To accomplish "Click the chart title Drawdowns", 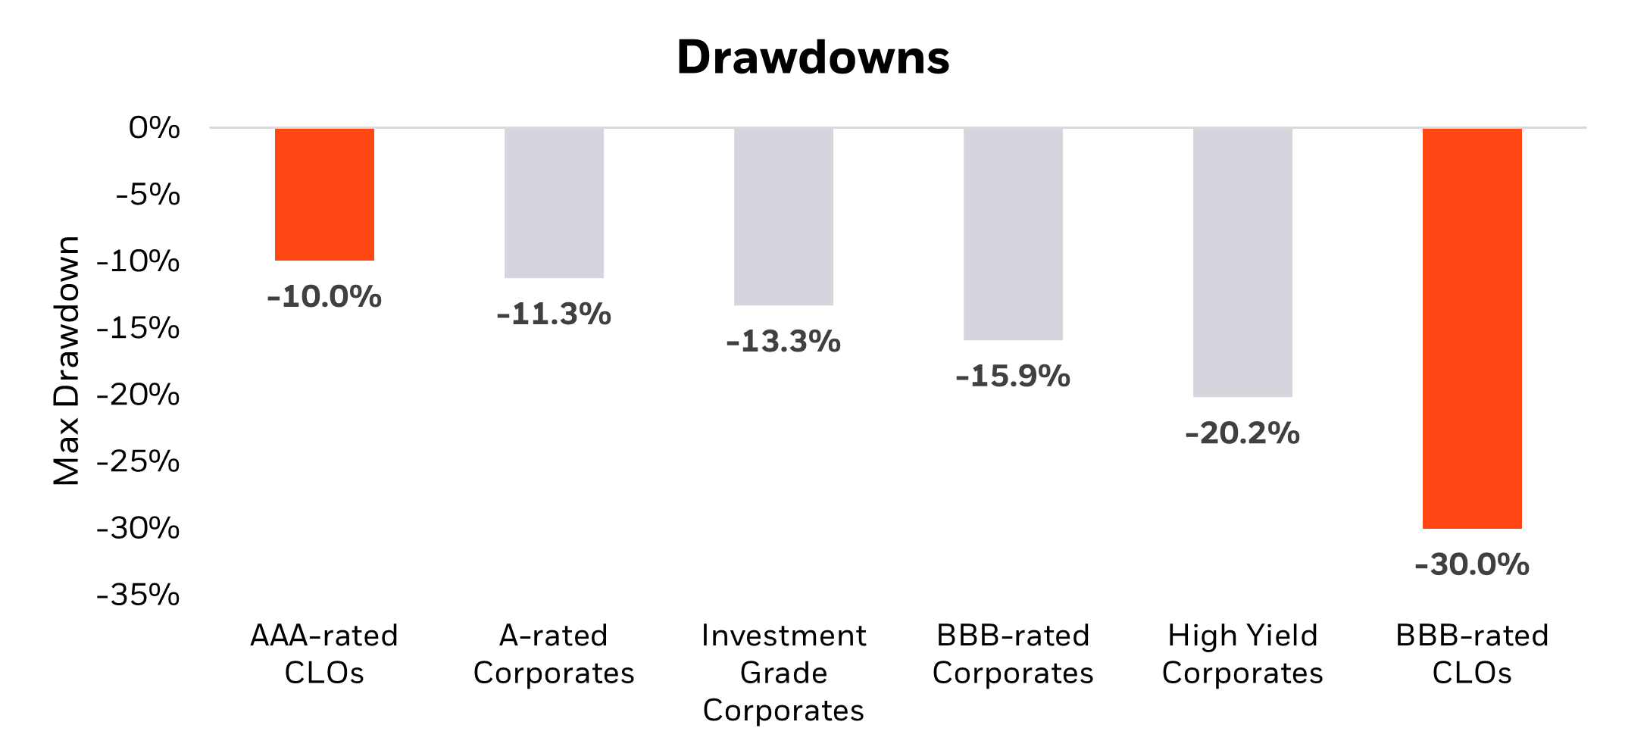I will (812, 58).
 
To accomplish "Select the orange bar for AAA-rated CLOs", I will (324, 195).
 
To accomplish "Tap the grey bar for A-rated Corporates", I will (554, 203).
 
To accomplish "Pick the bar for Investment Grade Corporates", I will (783, 217).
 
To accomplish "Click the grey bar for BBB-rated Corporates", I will (1013, 234).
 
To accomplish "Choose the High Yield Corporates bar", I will (1242, 262).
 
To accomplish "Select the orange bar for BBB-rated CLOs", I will (1472, 328).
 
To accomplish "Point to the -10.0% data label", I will (324, 296).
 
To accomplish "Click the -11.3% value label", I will (554, 314).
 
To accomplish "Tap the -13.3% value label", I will (783, 341).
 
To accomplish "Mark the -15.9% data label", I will (1013, 376).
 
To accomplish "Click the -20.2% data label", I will (1242, 433).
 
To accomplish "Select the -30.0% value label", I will (1472, 564).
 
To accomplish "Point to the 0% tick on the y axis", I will (155, 128).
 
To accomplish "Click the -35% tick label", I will (139, 595).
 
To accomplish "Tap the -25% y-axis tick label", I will (139, 461).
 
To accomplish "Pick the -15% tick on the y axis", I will (139, 328).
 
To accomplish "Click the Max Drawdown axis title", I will (67, 361).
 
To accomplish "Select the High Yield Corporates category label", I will (1242, 654).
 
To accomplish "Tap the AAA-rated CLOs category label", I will (324, 654).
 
